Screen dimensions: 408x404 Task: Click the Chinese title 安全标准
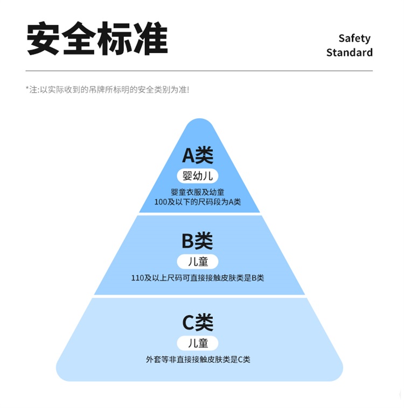click(x=97, y=39)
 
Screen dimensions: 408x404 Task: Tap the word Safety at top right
click(x=354, y=38)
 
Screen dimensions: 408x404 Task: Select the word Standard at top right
click(x=349, y=53)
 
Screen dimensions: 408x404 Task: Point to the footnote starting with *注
click(x=107, y=89)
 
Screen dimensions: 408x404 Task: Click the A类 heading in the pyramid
click(x=198, y=155)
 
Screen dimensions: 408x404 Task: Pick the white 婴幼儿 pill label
click(x=198, y=176)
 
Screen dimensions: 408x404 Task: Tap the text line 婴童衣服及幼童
click(x=198, y=192)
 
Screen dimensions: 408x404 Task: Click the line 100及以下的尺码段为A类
click(x=198, y=202)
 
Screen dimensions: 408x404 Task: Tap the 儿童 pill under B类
click(x=198, y=262)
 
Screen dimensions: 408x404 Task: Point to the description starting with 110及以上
click(x=198, y=278)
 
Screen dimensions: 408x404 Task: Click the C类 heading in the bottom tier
click(x=198, y=323)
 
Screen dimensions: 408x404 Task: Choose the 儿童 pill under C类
click(x=198, y=343)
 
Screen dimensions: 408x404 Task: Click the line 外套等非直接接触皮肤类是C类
click(x=198, y=359)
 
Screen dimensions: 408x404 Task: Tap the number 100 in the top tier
click(x=161, y=202)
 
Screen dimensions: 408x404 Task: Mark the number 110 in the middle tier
click(x=138, y=278)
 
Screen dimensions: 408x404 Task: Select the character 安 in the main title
click(x=44, y=39)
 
